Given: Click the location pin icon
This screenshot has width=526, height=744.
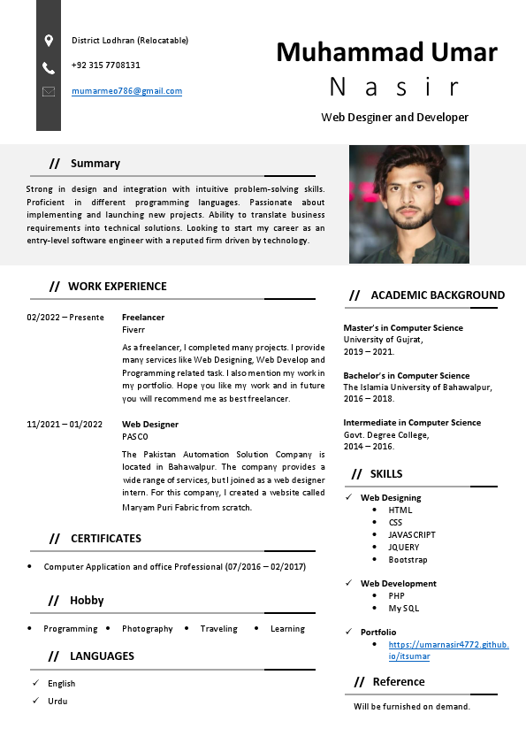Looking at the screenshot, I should [49, 40].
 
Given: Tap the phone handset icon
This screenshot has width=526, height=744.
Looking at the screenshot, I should [49, 67].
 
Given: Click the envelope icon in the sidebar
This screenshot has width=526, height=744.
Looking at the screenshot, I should [49, 91].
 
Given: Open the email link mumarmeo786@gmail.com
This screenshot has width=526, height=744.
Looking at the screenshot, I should [126, 91].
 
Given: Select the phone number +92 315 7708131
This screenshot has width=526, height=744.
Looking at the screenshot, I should [106, 65].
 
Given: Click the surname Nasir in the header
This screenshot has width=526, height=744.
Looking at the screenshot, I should [394, 87].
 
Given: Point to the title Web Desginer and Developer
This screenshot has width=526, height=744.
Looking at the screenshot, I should [394, 117].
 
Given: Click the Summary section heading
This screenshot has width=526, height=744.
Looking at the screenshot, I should [95, 164].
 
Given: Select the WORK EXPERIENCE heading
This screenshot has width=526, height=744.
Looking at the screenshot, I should [117, 287].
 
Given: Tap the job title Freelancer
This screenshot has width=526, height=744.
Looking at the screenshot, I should [143, 317].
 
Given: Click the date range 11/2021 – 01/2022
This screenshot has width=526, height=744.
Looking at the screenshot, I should [65, 425].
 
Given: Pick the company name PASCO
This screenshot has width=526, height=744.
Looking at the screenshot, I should [135, 437].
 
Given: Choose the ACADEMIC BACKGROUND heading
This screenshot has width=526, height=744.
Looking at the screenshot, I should [438, 295].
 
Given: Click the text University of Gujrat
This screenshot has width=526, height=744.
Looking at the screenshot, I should [383, 340].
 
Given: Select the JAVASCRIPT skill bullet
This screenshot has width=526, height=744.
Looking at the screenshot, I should [411, 535].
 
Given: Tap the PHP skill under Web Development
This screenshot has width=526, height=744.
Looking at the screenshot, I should [396, 596].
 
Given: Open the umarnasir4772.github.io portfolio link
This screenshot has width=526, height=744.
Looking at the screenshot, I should [447, 650].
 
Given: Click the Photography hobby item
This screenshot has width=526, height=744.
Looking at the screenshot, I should [147, 629].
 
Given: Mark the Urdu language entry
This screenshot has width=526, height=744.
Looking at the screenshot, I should [57, 702].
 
